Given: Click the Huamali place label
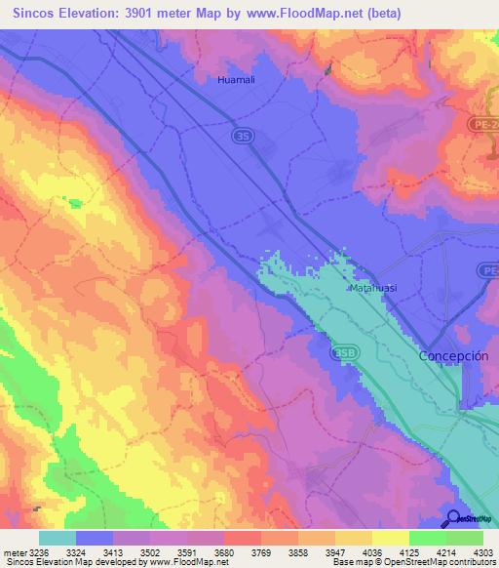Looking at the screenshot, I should [x=237, y=80].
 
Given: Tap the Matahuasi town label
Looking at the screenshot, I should [x=371, y=289].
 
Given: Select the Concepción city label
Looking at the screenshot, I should [x=453, y=356].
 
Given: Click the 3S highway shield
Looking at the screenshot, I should [x=242, y=138].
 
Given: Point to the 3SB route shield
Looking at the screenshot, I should [x=344, y=351].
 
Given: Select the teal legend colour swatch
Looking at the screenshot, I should [x=58, y=538].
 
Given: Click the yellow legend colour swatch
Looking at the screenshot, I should [x=390, y=538].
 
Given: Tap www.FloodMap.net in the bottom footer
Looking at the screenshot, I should [x=185, y=562].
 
